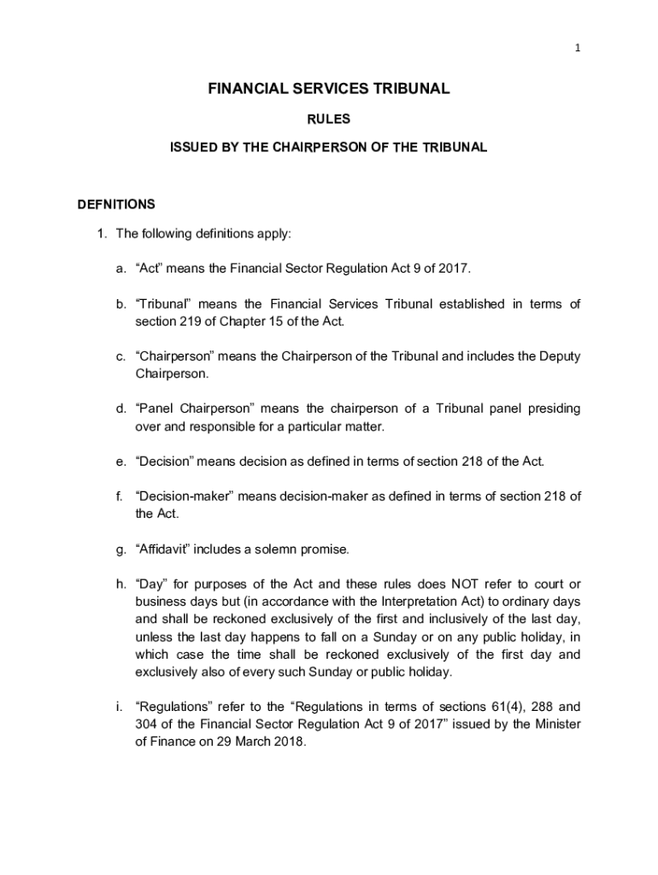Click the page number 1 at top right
point(578,48)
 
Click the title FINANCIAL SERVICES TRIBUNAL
point(329,89)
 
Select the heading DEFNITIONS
point(116,204)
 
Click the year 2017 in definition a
point(453,269)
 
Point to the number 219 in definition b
point(192,321)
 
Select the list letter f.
point(120,496)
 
